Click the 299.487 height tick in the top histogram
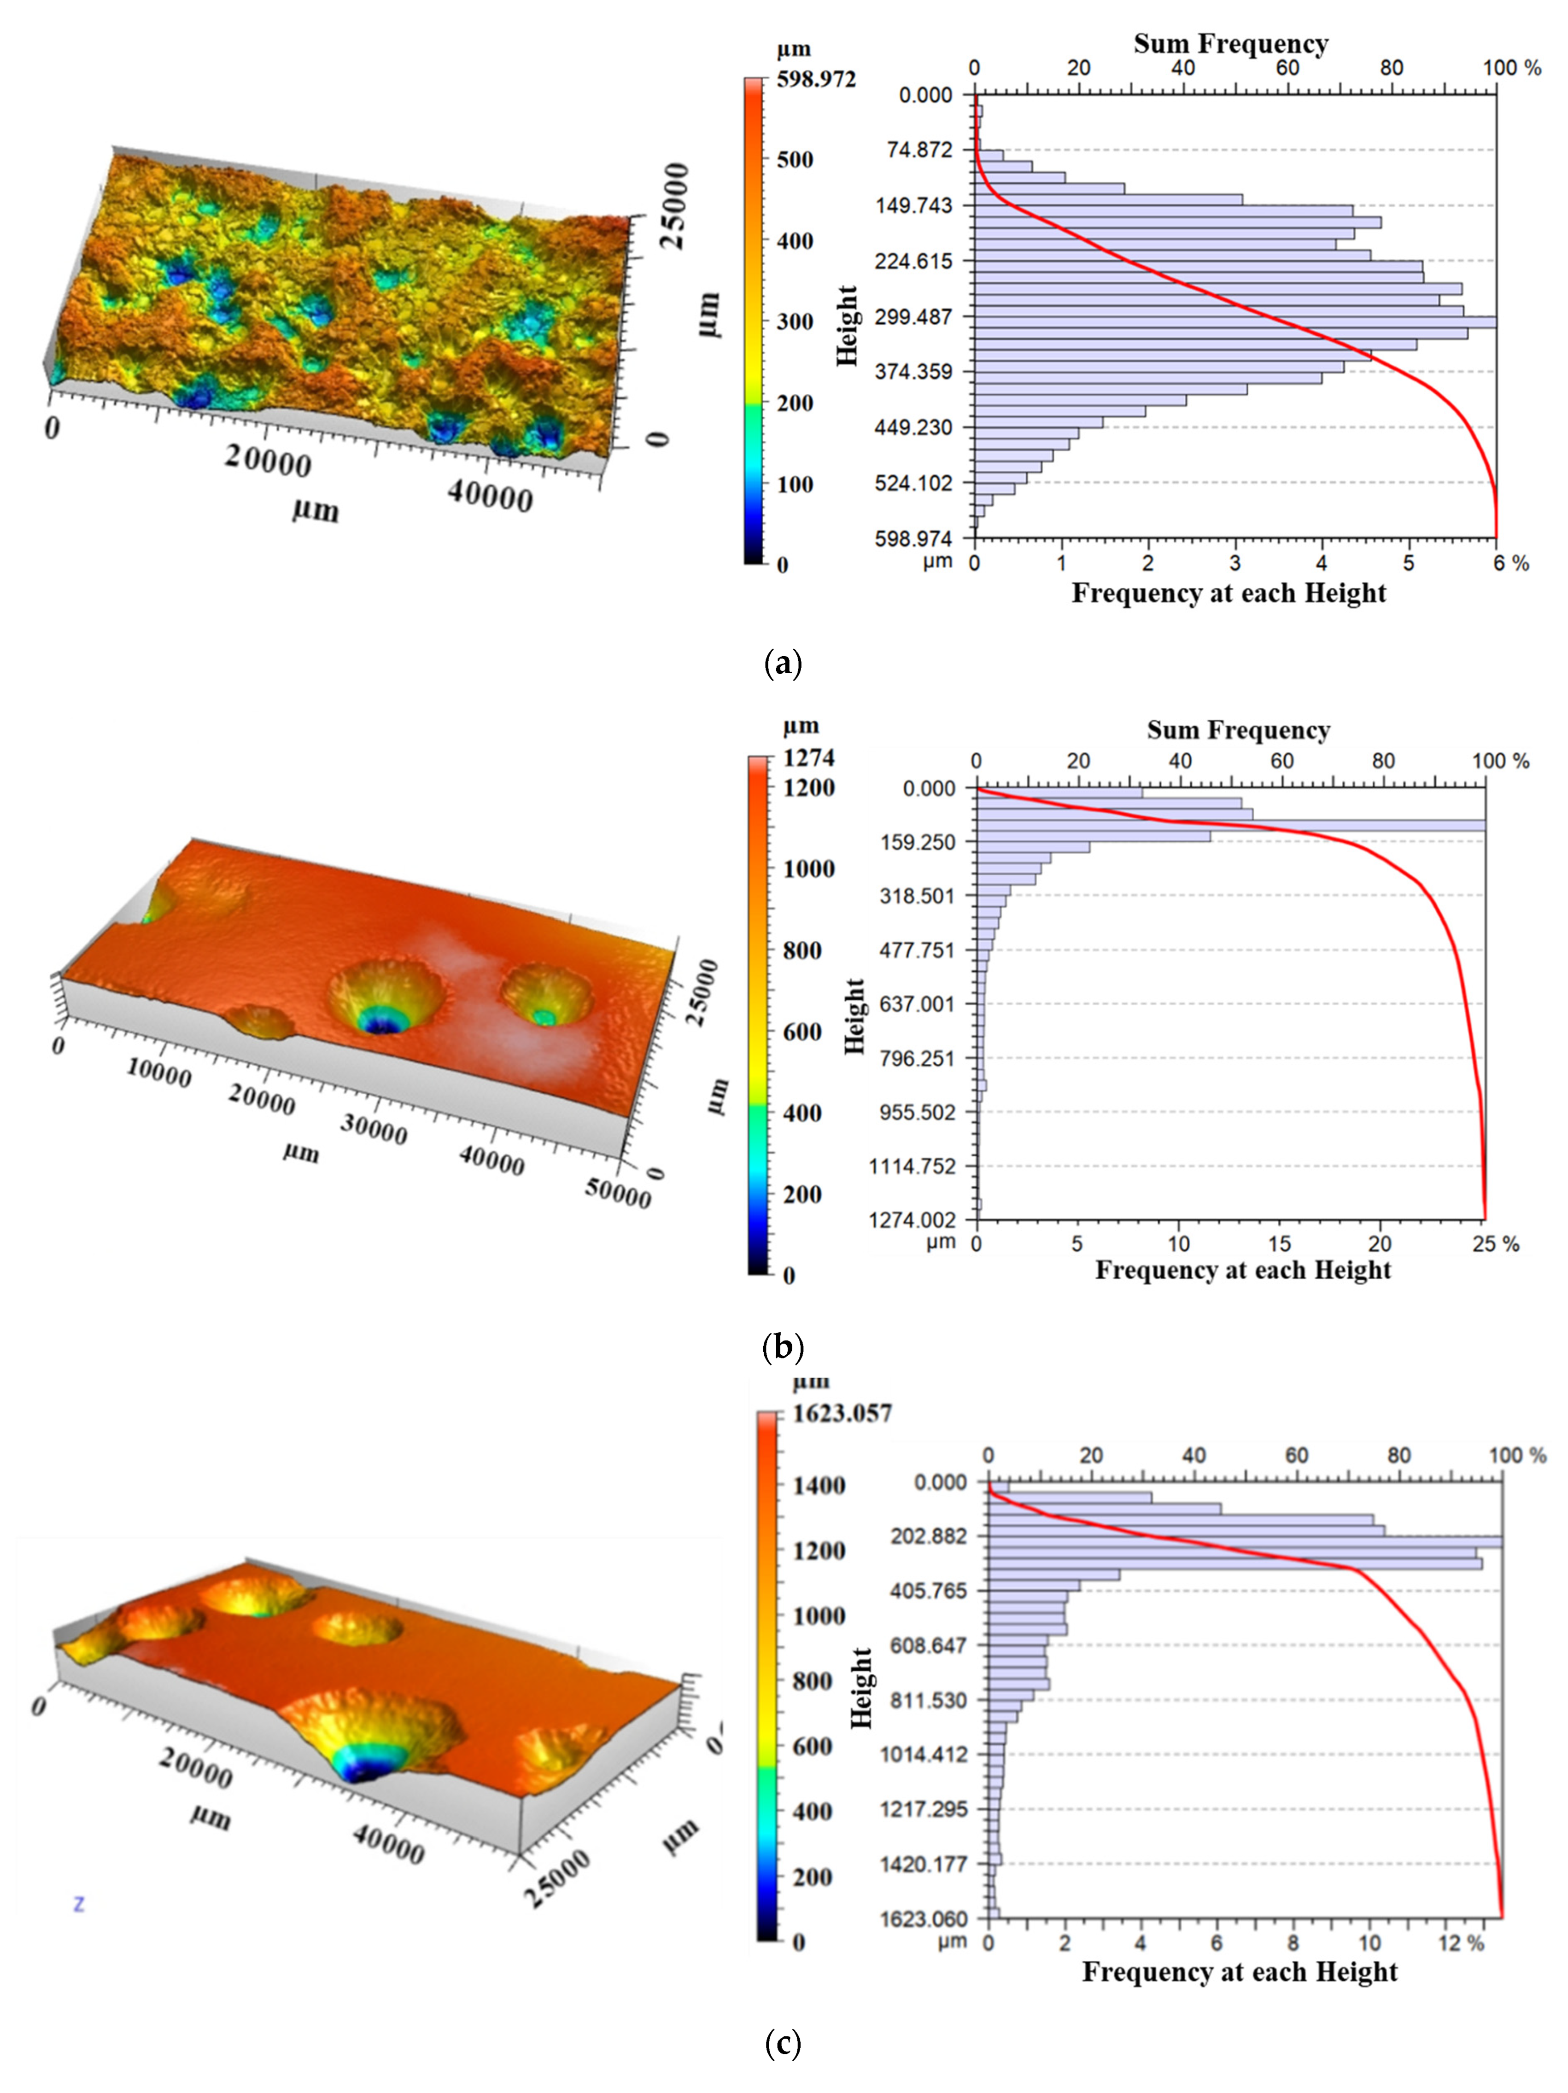[x=913, y=316]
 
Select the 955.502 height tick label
[x=917, y=1112]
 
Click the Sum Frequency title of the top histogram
[x=1230, y=44]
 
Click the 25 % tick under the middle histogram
[x=1494, y=1243]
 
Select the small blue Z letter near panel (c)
[x=79, y=1903]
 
